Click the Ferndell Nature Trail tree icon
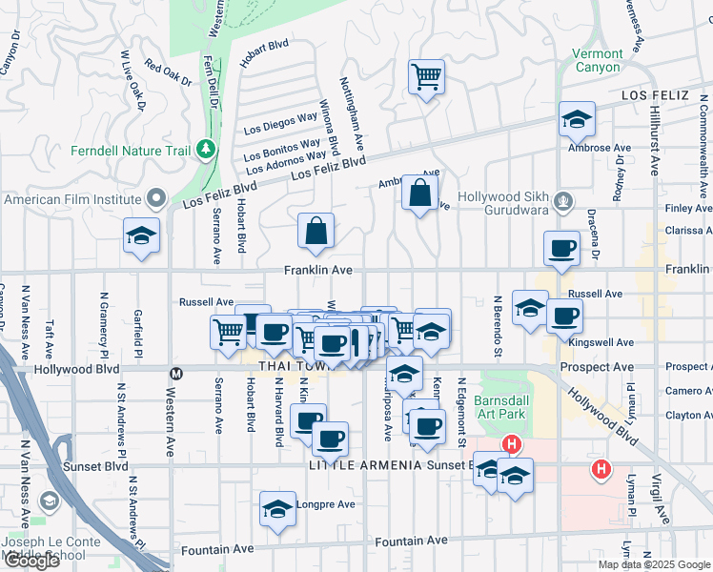pyautogui.click(x=204, y=149)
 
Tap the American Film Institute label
pyautogui.click(x=71, y=199)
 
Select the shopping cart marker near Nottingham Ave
pyautogui.click(x=426, y=76)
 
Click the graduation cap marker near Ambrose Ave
pyautogui.click(x=577, y=119)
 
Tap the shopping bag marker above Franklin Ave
pyautogui.click(x=316, y=231)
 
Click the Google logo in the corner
pyautogui.click(x=31, y=561)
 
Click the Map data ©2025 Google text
pyautogui.click(x=653, y=564)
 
